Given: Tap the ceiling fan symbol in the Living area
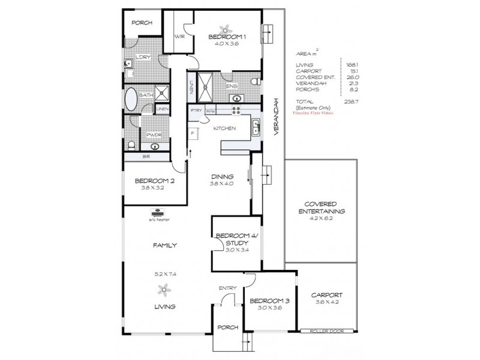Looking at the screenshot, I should click(163, 291).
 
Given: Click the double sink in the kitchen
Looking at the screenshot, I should click(256, 126).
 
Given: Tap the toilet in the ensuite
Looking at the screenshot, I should click(256, 82).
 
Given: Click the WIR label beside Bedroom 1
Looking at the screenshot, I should click(179, 37).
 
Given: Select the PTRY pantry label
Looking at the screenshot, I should click(196, 111).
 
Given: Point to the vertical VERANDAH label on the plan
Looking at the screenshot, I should click(277, 117).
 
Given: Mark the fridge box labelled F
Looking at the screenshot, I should click(193, 131).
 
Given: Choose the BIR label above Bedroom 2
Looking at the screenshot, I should click(146, 157).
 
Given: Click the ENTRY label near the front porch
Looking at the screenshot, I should click(228, 289).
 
